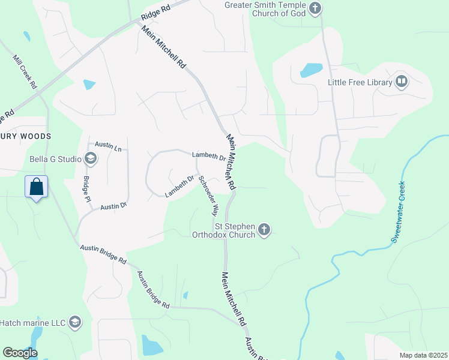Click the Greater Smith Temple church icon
point(316,8)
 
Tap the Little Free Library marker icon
point(402,82)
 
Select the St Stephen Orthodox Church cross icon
point(264,229)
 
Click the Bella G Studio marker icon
point(91,159)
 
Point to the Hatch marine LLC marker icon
point(75,323)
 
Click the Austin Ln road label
point(109,145)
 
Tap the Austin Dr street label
point(113,206)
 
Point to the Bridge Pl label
point(86,189)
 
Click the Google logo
point(20,353)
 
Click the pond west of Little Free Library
point(311,70)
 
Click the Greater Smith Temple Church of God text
point(265,9)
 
